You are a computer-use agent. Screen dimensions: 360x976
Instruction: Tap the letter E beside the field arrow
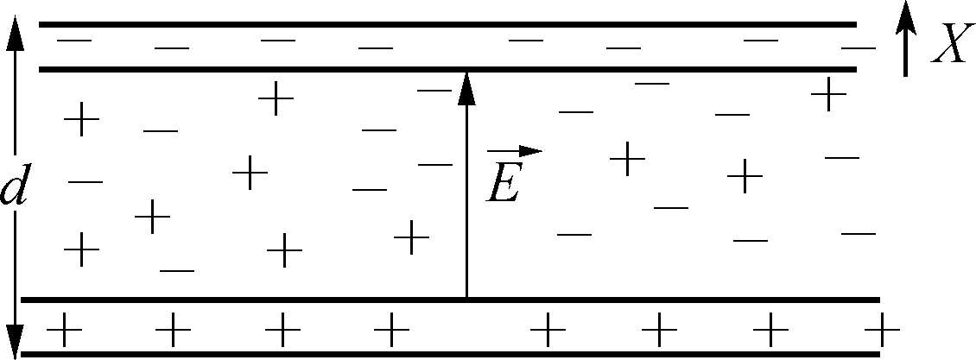click(x=503, y=184)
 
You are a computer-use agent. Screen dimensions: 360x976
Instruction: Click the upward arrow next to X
click(x=904, y=38)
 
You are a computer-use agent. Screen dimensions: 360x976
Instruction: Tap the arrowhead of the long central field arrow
click(x=466, y=86)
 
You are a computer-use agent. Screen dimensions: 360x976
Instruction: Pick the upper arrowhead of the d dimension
click(x=15, y=30)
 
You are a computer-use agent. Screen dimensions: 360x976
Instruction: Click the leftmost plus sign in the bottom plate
click(x=63, y=330)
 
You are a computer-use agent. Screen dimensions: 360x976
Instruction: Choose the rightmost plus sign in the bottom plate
click(x=882, y=330)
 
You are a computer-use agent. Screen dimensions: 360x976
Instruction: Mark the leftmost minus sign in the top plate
click(x=74, y=40)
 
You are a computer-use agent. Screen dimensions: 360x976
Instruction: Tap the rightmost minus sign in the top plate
click(x=858, y=47)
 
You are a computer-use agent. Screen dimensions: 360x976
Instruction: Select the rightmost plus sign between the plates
click(x=828, y=93)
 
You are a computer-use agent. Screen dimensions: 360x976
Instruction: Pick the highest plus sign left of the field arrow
click(x=276, y=98)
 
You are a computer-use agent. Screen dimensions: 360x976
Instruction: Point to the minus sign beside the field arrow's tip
click(x=434, y=89)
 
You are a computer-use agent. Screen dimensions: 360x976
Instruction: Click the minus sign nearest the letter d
click(x=85, y=182)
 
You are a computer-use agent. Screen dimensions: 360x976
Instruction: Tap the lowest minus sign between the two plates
click(x=177, y=270)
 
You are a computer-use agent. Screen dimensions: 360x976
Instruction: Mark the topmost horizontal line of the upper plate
click(x=447, y=24)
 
